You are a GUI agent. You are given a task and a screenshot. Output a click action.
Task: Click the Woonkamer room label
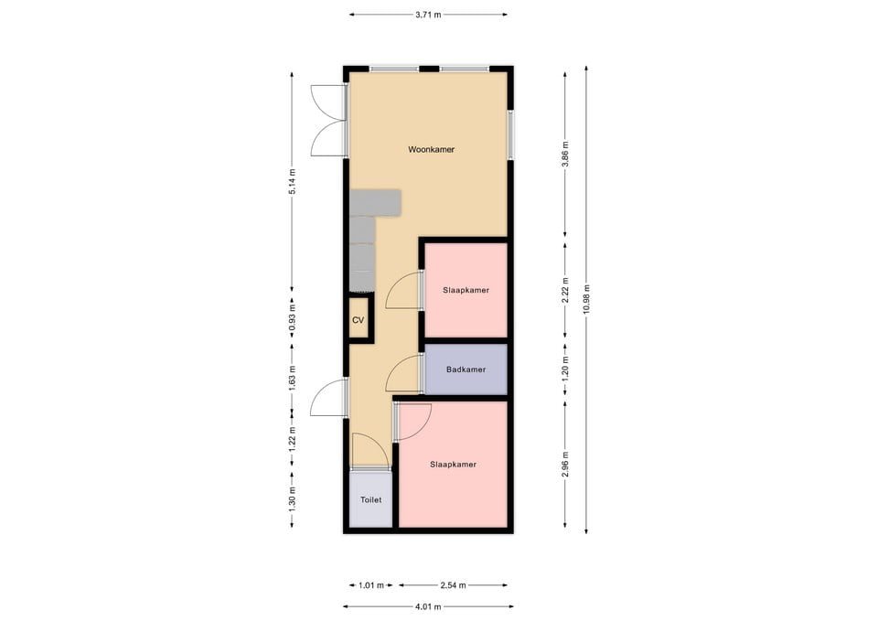coord(432,149)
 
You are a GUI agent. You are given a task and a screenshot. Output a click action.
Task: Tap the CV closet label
coord(359,320)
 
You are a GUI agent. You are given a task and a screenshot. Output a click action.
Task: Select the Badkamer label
coord(466,369)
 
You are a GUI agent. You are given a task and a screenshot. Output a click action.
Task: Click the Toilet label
coord(370,500)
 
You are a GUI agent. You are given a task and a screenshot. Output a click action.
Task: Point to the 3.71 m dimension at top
coord(428,15)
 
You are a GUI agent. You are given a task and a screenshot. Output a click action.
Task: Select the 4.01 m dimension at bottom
coord(428,606)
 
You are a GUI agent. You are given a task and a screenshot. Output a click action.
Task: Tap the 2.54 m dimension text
coord(453,585)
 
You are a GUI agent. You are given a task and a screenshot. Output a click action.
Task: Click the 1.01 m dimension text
coord(370,585)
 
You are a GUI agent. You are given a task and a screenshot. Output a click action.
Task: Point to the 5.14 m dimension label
coord(292,181)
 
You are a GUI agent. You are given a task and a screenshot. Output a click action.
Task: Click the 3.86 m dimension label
coord(565,153)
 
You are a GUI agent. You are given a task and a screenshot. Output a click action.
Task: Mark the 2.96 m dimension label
coord(565,463)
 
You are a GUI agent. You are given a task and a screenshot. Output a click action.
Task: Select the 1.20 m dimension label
coord(565,369)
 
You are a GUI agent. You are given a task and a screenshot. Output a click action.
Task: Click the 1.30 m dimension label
coord(292,499)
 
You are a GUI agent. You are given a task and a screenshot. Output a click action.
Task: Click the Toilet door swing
coord(369,450)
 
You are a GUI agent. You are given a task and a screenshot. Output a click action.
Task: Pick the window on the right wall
coord(510,134)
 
